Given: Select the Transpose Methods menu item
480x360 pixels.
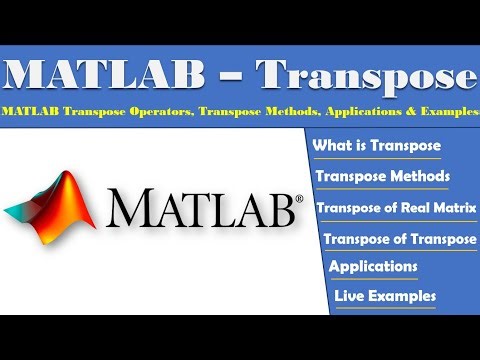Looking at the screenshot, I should pyautogui.click(x=382, y=177).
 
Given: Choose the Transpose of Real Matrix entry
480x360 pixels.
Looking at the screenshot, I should pyautogui.click(x=395, y=207).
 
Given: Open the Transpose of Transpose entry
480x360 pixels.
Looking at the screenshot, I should pyautogui.click(x=400, y=239).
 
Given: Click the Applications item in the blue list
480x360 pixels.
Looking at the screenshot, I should pyautogui.click(x=373, y=267).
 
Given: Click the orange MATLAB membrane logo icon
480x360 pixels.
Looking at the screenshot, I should pyautogui.click(x=53, y=201).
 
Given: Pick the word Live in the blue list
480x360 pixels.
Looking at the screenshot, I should pyautogui.click(x=351, y=296).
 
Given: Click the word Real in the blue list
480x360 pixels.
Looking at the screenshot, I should pyautogui.click(x=411, y=207).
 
